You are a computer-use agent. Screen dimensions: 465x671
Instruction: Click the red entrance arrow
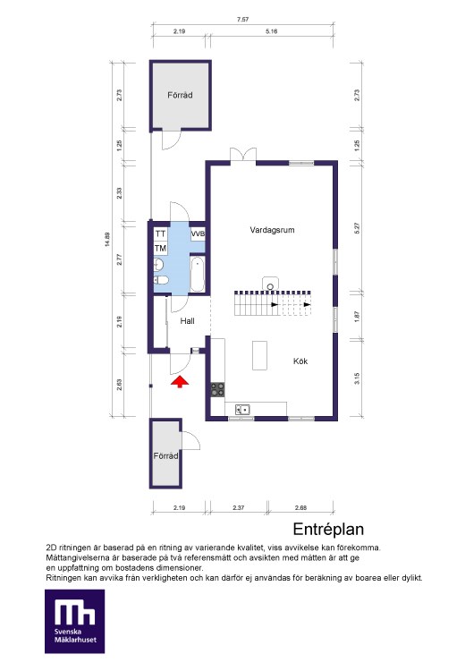pos(180,381)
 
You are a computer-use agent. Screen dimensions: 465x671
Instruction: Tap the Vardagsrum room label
pos(272,230)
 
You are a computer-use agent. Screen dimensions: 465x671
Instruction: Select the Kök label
pos(300,361)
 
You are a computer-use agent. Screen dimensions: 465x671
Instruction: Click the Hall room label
pos(188,321)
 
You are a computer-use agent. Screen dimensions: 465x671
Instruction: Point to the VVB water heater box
pos(198,234)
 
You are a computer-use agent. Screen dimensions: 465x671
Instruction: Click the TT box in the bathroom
pos(160,234)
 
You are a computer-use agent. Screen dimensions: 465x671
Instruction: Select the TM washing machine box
pos(160,248)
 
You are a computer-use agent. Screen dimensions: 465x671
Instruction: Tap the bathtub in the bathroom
pos(198,275)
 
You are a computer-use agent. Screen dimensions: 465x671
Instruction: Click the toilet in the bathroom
pos(161,280)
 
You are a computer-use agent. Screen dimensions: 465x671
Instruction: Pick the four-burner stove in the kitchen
pos(217,389)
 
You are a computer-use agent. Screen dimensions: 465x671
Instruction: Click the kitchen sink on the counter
pos(242,410)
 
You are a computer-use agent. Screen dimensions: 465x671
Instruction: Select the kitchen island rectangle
pos(259,355)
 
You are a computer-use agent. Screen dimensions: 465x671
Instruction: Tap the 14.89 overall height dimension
pos(107,239)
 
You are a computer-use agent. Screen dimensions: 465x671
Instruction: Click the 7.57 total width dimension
pos(242,20)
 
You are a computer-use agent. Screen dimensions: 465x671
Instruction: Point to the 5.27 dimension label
pos(357,227)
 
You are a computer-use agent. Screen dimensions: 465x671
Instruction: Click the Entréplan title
pos(328,530)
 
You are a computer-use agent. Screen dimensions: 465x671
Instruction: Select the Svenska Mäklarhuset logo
pos(75,622)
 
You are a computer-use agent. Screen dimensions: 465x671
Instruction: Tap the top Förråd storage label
pos(180,95)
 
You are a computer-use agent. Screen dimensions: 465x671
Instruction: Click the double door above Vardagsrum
pos(243,155)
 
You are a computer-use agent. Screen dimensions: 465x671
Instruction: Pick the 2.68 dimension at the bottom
pos(300,507)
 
